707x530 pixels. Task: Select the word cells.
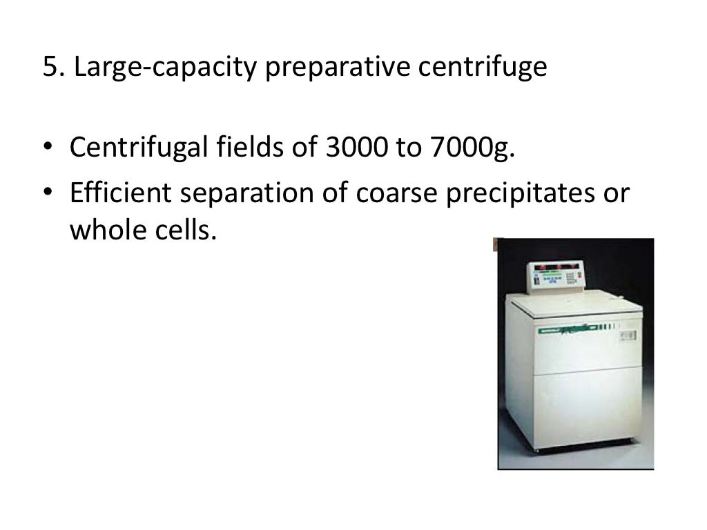coord(185,230)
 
